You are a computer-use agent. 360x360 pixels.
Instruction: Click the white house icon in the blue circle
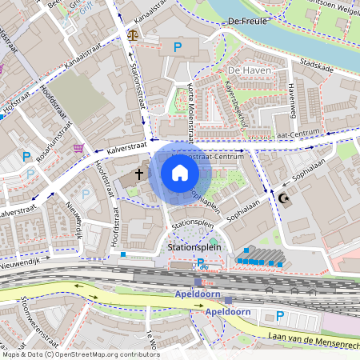click(179, 173)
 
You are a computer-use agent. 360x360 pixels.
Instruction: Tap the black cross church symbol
click(138, 173)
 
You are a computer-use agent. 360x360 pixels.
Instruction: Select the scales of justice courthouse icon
click(132, 36)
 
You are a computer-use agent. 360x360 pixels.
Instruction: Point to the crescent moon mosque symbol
click(282, 198)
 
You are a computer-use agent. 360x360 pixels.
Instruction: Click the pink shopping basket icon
click(78, 148)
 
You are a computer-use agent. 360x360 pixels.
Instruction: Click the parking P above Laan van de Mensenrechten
click(279, 316)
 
